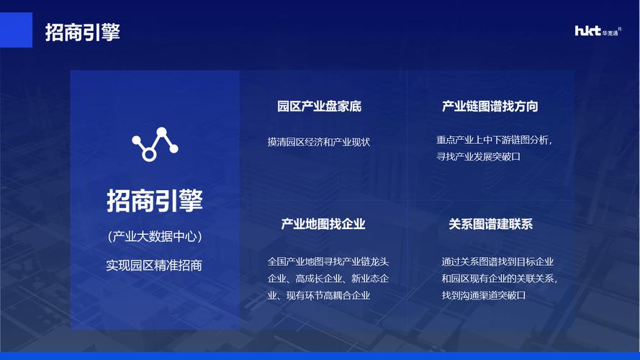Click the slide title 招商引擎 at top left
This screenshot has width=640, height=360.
(82, 32)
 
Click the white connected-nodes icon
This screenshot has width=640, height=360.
(155, 143)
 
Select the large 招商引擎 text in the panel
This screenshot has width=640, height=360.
(155, 200)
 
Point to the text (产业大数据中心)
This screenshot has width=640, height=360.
(155, 236)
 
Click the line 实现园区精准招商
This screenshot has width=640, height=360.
(155, 265)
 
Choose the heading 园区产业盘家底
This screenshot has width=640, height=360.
(319, 107)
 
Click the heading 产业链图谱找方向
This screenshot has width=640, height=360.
(490, 107)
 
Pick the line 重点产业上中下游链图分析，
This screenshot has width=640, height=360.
(495, 140)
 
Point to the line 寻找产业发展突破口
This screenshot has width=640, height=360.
(478, 156)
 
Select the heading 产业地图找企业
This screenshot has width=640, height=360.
(323, 224)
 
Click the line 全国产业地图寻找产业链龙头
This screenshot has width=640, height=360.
(328, 261)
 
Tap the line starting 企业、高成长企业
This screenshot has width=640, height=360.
(328, 278)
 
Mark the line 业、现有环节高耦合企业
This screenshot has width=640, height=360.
(319, 294)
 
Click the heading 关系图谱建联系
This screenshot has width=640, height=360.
(490, 224)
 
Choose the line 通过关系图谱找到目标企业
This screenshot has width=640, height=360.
(497, 261)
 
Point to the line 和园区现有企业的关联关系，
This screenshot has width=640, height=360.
(500, 278)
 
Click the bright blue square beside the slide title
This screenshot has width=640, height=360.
(16, 30)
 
